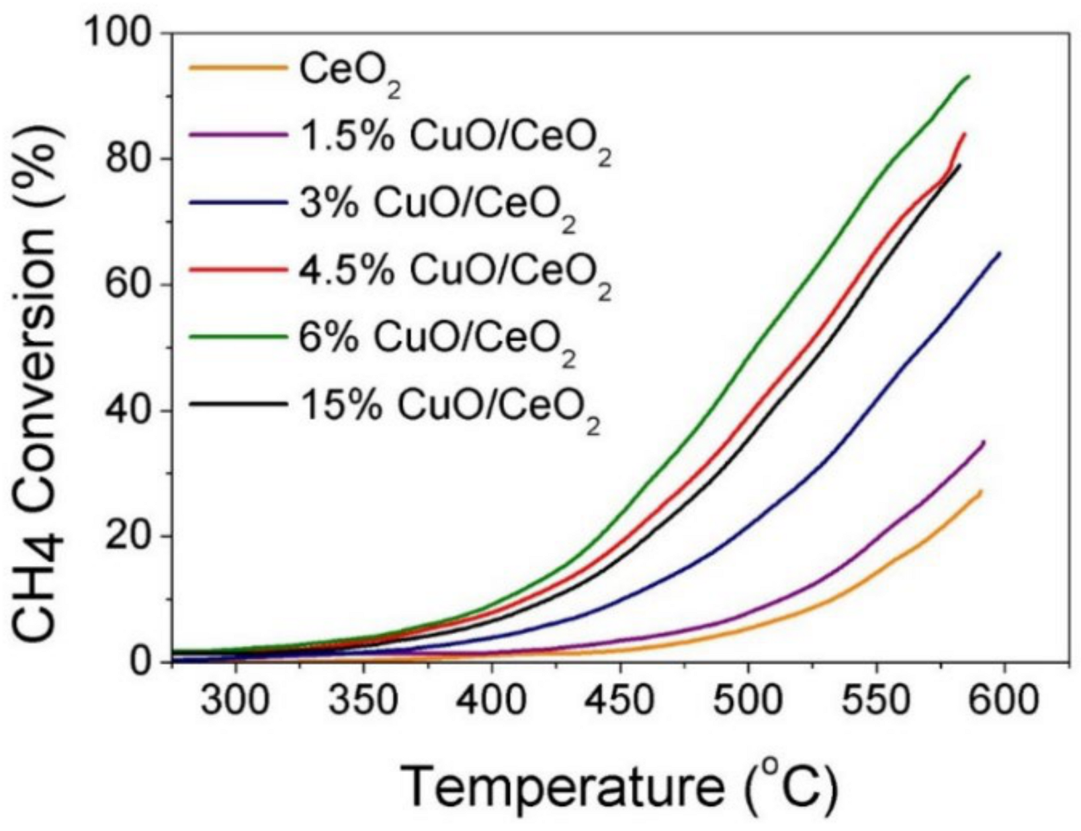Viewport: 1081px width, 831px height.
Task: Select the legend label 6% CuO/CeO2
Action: [437, 338]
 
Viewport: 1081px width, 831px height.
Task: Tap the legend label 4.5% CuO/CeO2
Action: [455, 271]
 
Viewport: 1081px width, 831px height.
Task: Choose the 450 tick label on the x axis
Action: [619, 700]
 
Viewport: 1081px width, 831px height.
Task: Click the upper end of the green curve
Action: [969, 76]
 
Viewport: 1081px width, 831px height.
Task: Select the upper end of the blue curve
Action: [1000, 253]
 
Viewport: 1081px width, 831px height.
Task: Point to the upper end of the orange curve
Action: [982, 491]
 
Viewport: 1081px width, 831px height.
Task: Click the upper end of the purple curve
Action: [984, 441]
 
